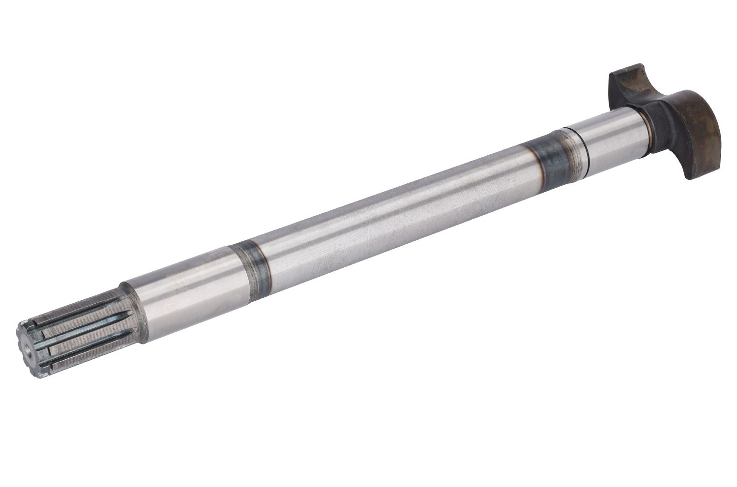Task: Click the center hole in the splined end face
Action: (x=25, y=346)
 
